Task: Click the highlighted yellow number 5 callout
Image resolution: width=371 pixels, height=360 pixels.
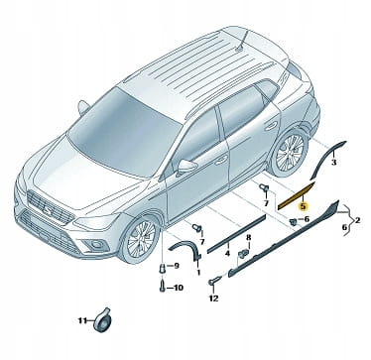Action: (x=304, y=207)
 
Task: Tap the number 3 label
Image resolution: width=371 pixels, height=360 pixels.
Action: (x=333, y=163)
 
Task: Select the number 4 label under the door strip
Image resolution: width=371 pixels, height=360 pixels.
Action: (x=227, y=254)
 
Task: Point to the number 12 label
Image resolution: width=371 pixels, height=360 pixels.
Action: (x=213, y=299)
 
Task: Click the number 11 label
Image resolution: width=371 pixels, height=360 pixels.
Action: (x=82, y=320)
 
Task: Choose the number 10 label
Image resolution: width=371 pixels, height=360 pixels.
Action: (x=179, y=288)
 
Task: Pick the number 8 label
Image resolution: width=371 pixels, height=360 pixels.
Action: (x=249, y=237)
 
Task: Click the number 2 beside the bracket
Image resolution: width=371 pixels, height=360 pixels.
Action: (x=357, y=219)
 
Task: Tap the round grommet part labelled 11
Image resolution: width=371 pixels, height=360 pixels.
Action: (x=102, y=320)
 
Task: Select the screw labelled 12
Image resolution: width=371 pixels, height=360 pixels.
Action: (x=212, y=282)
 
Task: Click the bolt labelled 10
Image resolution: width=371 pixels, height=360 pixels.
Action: (x=162, y=287)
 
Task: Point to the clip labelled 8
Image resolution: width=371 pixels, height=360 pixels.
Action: (x=244, y=254)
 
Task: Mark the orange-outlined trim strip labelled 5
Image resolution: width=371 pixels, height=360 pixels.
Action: (x=297, y=195)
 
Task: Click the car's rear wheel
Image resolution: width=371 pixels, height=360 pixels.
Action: (x=290, y=152)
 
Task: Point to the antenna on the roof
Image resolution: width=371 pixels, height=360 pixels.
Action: (x=241, y=41)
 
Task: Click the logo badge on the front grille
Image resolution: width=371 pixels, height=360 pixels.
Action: (x=48, y=208)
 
